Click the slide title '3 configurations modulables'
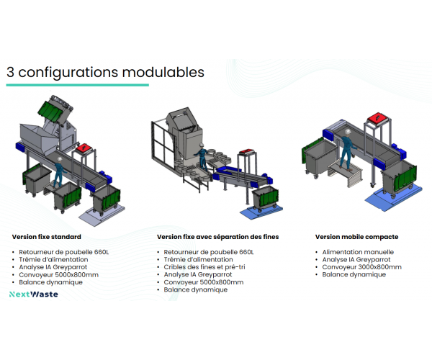pyautogui.click(x=105, y=73)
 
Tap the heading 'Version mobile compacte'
pyautogui.click(x=356, y=236)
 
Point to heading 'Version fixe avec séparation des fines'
pyautogui.click(x=217, y=236)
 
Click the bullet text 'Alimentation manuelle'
pyautogui.click(x=353, y=252)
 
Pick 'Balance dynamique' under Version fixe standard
pyautogui.click(x=51, y=282)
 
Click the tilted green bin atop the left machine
pyautogui.click(x=50, y=112)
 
